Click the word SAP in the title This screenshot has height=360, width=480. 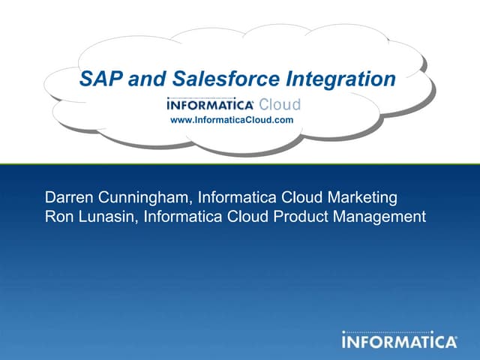[x=101, y=79]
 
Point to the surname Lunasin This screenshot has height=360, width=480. [x=107, y=217]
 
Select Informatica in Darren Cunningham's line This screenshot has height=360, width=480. [x=237, y=198]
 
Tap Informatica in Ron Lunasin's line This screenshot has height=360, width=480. [x=184, y=217]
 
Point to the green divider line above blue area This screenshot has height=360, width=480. [x=240, y=163]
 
